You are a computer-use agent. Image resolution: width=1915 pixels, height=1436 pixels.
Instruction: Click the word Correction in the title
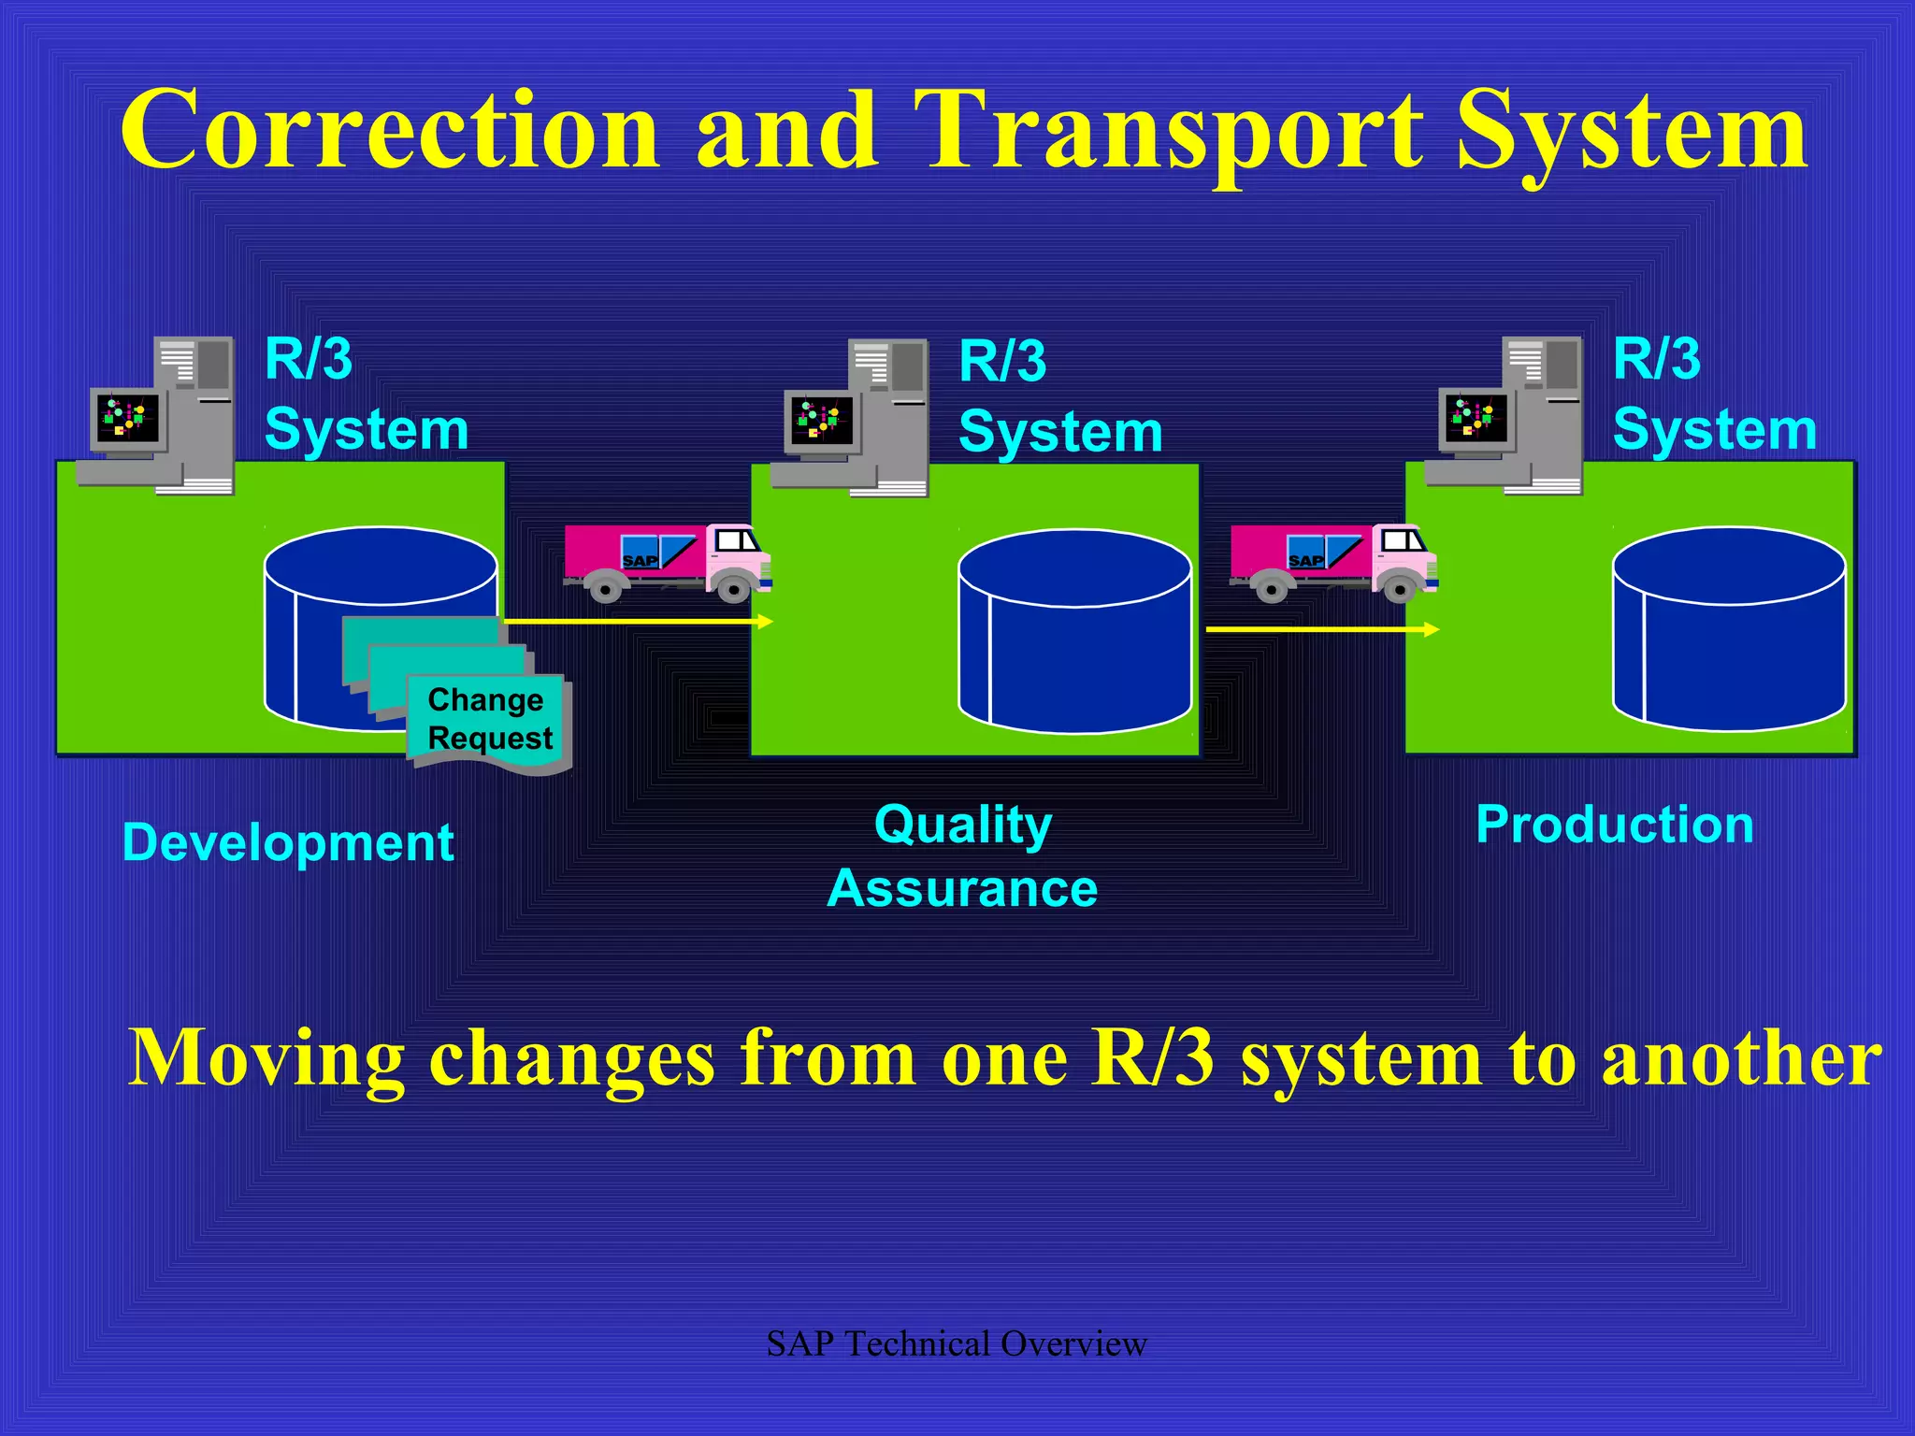click(x=391, y=131)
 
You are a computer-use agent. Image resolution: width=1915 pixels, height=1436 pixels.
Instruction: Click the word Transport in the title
click(x=1167, y=131)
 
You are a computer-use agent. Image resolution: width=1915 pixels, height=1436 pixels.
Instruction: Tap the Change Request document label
click(x=489, y=719)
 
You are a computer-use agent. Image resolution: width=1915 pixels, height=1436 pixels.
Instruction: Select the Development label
click(x=288, y=843)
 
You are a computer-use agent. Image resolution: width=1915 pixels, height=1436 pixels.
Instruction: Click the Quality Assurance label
click(x=963, y=856)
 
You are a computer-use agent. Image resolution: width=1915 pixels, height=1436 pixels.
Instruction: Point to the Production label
click(x=1615, y=826)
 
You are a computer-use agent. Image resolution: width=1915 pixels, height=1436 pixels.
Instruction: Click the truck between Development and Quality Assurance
click(x=667, y=561)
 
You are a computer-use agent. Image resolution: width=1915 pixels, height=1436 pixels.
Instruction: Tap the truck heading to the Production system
click(x=1332, y=561)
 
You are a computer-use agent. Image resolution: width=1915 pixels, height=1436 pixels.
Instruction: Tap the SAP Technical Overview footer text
click(x=957, y=1344)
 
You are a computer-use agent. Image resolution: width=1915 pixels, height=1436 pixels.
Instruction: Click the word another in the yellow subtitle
click(x=1741, y=1059)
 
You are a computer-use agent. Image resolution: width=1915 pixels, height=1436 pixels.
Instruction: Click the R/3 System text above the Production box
click(x=1714, y=395)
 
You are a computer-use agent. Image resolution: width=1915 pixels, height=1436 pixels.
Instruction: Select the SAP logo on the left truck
click(x=641, y=560)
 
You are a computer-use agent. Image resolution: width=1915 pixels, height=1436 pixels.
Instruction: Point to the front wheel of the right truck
click(x=1399, y=589)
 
